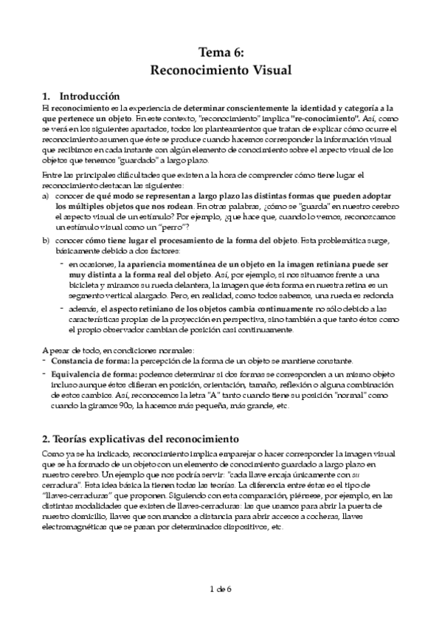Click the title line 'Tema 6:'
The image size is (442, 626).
click(x=221, y=52)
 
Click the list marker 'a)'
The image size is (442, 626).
click(x=46, y=196)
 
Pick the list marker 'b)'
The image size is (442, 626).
click(x=46, y=241)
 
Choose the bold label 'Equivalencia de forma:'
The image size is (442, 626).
click(x=94, y=374)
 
